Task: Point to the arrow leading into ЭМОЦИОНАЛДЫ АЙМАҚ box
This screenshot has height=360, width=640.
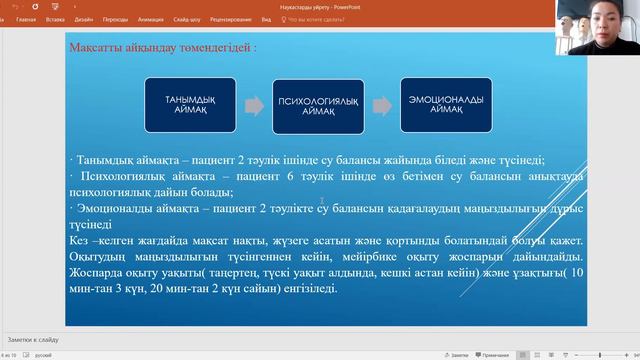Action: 379,104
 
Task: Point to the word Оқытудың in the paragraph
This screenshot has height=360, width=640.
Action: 98,256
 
